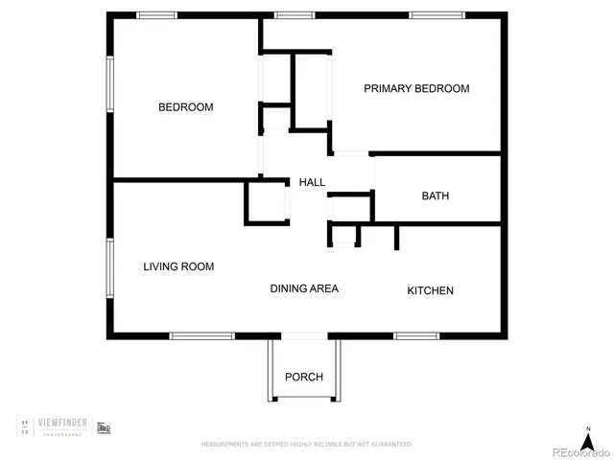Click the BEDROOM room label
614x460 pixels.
[x=185, y=107]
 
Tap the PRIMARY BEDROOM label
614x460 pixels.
[x=416, y=88]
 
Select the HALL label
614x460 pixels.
[x=312, y=182]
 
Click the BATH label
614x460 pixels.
[x=436, y=196]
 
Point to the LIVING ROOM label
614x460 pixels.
[x=178, y=266]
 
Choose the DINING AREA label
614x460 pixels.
[x=304, y=288]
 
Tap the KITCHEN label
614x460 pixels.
[x=430, y=290]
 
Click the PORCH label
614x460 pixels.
[x=304, y=377]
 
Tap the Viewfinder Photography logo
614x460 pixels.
[x=63, y=426]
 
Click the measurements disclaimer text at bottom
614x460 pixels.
[x=306, y=445]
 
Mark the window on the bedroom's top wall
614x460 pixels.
[x=156, y=15]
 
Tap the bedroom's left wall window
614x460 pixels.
[x=110, y=86]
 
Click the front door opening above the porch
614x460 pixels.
[x=304, y=335]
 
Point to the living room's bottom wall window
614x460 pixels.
[x=201, y=335]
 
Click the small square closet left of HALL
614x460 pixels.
[x=268, y=201]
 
